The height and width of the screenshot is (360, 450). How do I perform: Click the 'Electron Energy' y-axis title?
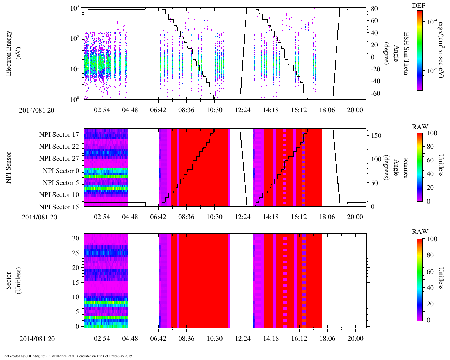click(8, 53)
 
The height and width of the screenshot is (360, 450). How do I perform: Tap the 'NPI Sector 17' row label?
click(59, 135)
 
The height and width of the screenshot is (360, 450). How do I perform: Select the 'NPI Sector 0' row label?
click(61, 171)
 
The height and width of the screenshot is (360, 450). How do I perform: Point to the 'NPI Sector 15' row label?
click(59, 207)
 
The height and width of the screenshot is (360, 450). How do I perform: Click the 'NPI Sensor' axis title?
click(8, 168)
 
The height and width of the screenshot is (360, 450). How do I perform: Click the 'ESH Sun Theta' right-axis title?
click(406, 53)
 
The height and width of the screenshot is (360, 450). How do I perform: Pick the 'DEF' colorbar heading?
click(419, 5)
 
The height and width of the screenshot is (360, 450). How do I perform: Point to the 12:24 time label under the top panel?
click(243, 110)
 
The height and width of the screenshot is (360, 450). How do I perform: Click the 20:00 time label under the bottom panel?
click(355, 338)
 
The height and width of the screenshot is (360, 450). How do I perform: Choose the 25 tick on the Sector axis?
click(76, 253)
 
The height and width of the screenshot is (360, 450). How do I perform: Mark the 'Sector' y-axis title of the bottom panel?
click(8, 281)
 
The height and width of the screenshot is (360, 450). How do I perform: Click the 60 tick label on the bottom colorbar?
click(430, 271)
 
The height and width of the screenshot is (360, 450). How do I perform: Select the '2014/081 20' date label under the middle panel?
click(39, 217)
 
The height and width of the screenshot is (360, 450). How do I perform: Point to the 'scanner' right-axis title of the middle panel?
click(406, 168)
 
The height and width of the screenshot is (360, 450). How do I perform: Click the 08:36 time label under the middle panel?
click(186, 217)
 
